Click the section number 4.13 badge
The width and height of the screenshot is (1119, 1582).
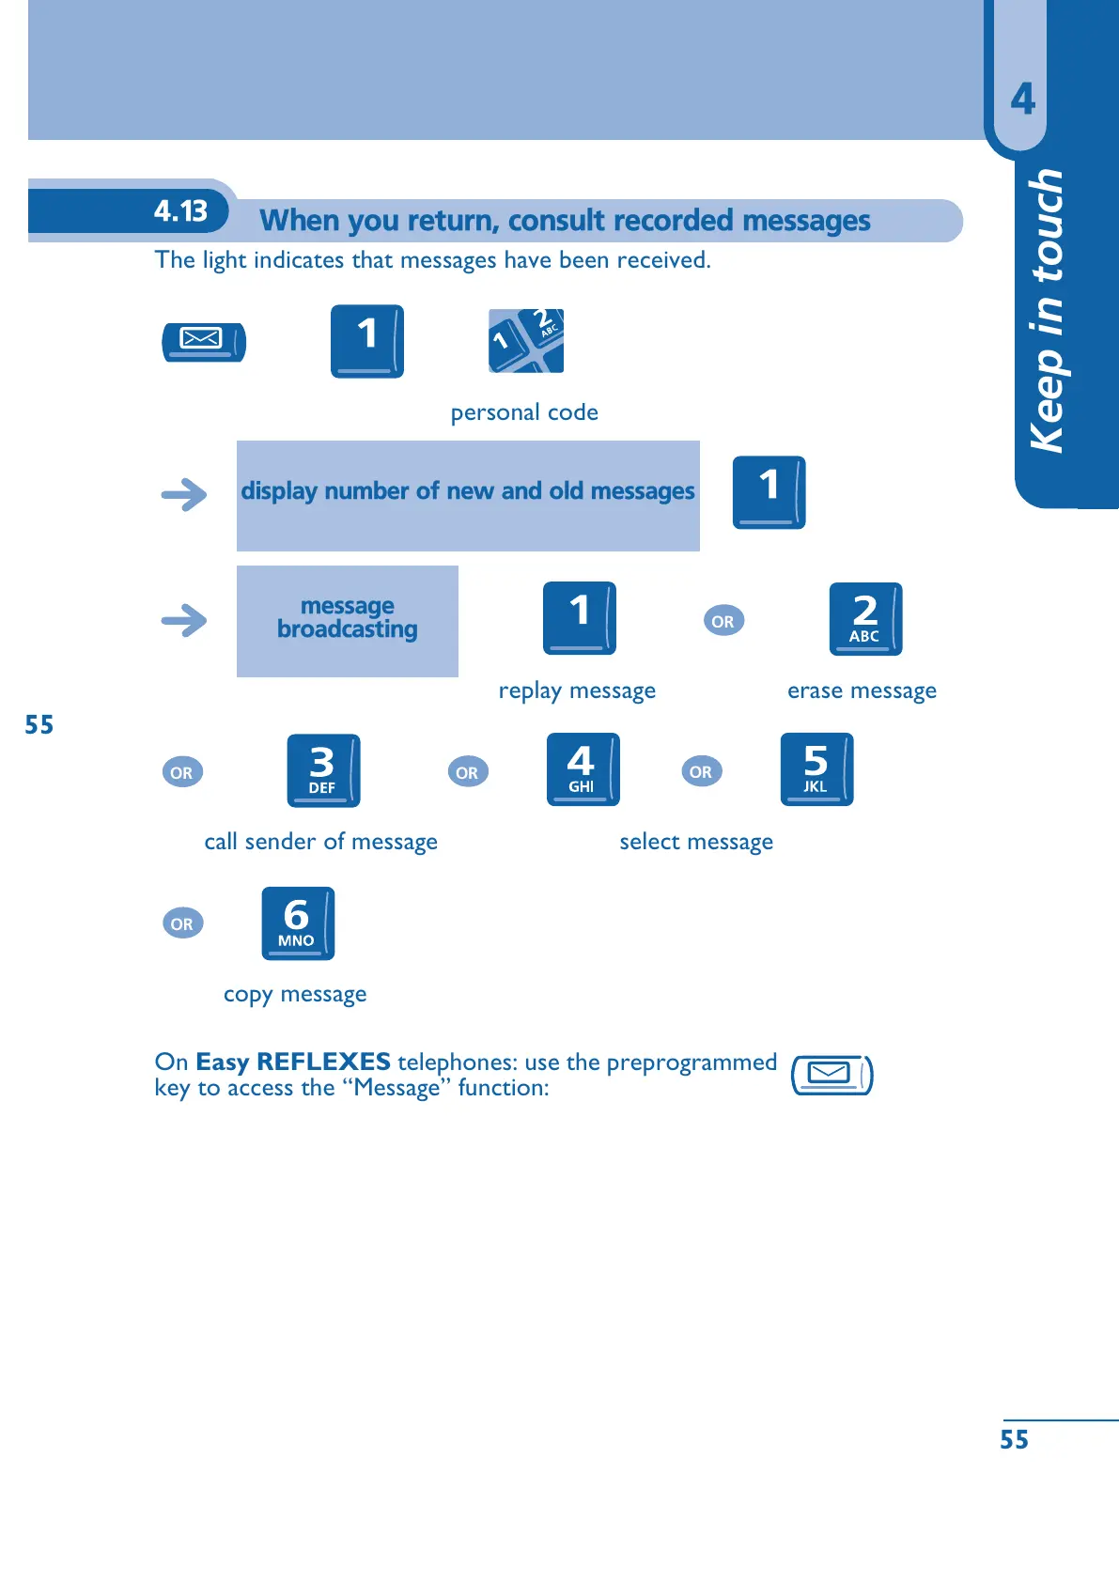180,211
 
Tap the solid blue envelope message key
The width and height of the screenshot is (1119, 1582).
204,341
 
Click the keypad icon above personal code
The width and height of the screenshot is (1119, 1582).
526,340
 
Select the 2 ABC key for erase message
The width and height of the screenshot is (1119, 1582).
865,618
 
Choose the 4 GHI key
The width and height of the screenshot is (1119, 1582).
583,769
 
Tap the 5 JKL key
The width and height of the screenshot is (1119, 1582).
816,769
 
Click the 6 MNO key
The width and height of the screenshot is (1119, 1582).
298,923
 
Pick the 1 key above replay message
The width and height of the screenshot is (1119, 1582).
579,617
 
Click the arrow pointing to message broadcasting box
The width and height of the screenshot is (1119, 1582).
184,620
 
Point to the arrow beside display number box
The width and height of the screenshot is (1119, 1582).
184,494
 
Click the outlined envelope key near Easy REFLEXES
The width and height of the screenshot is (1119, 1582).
831,1075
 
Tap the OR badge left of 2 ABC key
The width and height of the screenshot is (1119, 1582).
723,621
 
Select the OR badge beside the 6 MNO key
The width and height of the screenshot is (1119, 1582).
182,923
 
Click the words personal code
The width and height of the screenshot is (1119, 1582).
524,412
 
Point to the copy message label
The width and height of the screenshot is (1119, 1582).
295,994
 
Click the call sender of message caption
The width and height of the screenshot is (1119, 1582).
320,842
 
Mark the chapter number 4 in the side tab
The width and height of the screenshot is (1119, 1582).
1023,99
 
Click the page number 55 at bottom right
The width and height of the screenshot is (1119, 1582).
1014,1439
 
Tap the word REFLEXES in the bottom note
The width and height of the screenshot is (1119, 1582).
323,1062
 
